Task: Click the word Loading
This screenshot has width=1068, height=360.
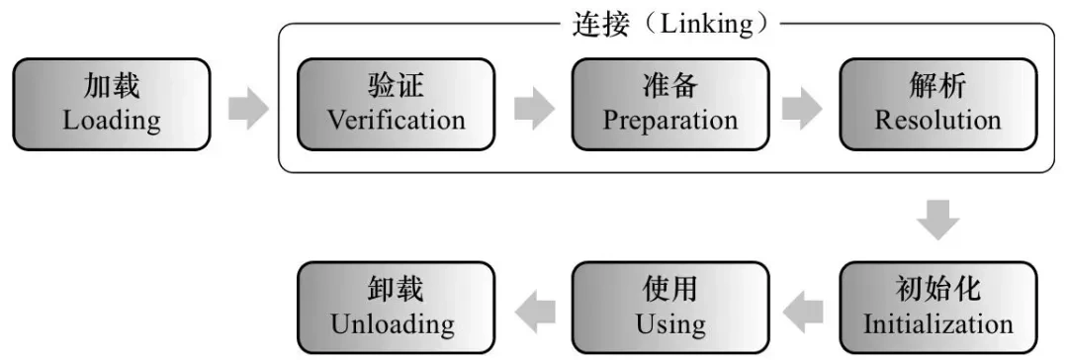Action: tap(112, 121)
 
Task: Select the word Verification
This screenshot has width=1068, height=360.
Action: tap(396, 121)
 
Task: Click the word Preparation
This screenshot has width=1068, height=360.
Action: tap(670, 121)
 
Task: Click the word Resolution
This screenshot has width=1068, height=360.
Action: tap(937, 121)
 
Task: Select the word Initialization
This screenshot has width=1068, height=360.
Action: tap(937, 323)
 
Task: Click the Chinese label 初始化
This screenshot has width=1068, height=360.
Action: tap(937, 289)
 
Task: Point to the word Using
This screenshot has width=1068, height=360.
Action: tap(670, 323)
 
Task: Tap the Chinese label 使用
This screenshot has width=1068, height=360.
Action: tap(670, 289)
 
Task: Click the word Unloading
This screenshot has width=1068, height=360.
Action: tap(393, 323)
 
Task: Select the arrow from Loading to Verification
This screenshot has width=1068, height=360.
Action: tap(248, 109)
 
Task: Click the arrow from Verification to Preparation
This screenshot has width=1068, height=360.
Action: tap(534, 109)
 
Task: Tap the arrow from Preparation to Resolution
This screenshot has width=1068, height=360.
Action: tap(802, 109)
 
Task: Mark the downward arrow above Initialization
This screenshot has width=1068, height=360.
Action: tap(937, 220)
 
